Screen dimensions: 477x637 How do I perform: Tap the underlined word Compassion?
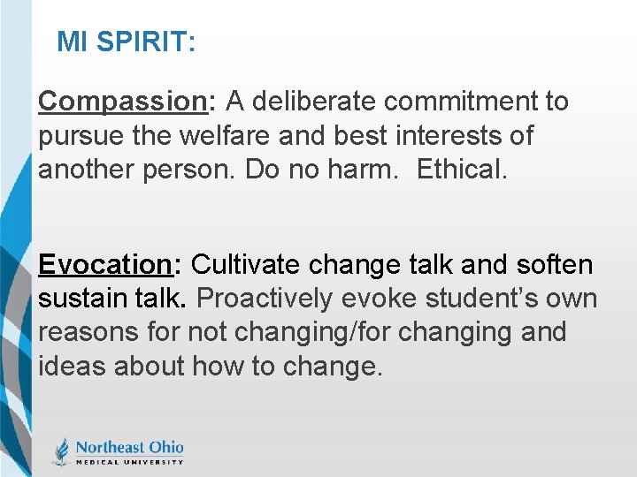[x=122, y=102]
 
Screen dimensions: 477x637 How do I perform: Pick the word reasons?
[x=85, y=333]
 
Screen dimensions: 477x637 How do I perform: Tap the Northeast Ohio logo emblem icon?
[x=61, y=451]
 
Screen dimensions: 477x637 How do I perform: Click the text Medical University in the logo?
[x=129, y=461]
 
